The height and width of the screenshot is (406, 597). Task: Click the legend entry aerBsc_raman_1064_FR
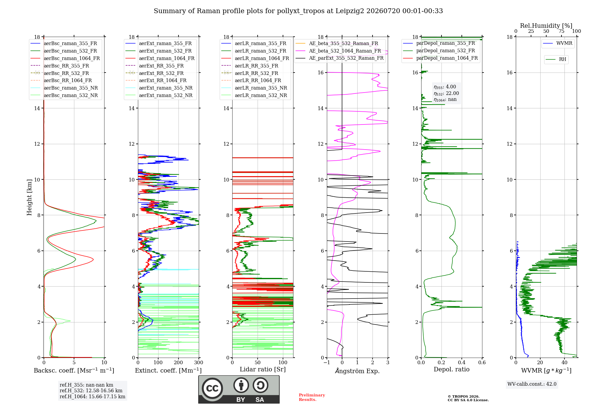tap(65, 58)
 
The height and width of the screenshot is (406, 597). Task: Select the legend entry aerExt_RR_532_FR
tap(155, 73)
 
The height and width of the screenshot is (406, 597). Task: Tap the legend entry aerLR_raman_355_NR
tap(254, 88)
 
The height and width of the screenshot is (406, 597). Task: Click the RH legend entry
tap(556, 59)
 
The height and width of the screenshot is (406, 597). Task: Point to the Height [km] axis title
tap(29, 197)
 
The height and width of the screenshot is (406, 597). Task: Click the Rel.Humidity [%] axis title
tap(546, 26)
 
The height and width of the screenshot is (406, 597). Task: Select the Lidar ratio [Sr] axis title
tap(263, 369)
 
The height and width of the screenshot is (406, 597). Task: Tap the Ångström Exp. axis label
tap(357, 371)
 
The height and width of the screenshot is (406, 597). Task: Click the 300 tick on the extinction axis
tap(199, 363)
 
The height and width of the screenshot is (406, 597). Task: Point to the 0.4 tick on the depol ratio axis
tap(462, 363)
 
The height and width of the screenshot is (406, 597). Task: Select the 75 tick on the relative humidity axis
tap(561, 31)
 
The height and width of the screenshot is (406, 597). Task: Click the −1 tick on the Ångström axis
tap(327, 363)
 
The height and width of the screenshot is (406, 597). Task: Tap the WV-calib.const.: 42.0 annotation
tap(532, 384)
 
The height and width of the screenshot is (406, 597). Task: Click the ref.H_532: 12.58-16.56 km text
tap(91, 390)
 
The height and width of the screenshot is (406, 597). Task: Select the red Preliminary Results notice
tap(312, 397)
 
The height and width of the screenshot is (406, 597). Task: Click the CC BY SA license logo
tap(239, 390)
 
